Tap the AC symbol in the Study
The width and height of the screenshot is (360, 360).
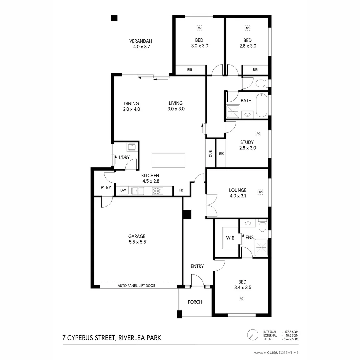(258, 133)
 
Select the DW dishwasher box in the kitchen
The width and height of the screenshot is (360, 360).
(123, 190)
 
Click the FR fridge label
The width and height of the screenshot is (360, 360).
(181, 190)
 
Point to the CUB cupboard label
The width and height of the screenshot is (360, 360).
(211, 154)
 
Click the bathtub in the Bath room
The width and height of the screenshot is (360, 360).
(261, 105)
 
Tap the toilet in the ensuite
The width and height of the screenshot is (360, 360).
(263, 227)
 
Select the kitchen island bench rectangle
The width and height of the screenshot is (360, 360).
(168, 160)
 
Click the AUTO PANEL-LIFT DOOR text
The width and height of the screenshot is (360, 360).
(136, 286)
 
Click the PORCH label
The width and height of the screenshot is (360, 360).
(195, 302)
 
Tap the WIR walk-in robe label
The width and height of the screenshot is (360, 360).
(230, 238)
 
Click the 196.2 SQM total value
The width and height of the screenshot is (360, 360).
(290, 339)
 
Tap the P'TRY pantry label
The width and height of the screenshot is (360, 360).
(106, 188)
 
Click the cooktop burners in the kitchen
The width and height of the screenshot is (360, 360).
(157, 191)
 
